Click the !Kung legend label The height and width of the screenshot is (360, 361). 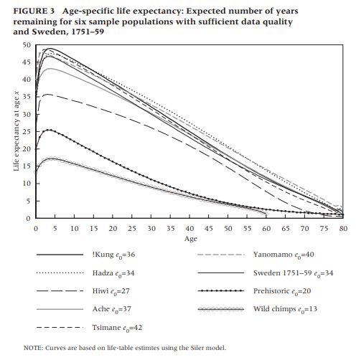tap(113, 255)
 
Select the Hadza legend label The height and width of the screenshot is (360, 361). tap(113, 273)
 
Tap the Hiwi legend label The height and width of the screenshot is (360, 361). tap(111, 291)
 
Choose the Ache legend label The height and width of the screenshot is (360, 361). tap(112, 309)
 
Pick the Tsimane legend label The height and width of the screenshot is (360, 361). tap(117, 328)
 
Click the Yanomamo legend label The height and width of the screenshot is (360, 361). tap(283, 255)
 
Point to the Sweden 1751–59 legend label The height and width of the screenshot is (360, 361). tap(293, 273)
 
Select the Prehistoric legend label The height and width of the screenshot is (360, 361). tap(282, 291)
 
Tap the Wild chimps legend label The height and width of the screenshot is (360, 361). tap(285, 309)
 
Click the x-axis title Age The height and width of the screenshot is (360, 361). tap(191, 239)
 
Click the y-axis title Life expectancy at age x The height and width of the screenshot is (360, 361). tap(17, 131)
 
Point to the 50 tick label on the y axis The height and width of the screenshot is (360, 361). tap(27, 45)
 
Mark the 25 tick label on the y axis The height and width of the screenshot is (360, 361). tap(27, 132)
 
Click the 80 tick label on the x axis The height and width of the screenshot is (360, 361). tap(343, 229)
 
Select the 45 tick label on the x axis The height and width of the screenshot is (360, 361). tap(209, 229)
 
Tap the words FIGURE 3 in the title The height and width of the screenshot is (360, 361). tap(34, 11)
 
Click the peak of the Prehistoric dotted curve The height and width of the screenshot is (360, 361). tap(49, 130)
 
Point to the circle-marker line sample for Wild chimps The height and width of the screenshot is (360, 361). tap(221, 309)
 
